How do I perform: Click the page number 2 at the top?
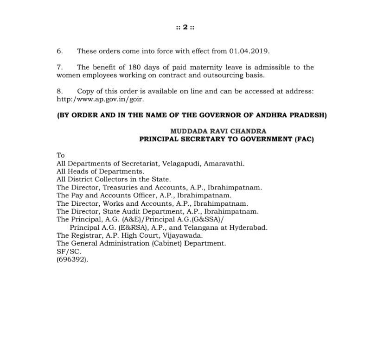(x=185, y=27)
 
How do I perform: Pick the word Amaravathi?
(x=227, y=163)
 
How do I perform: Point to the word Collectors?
(x=109, y=179)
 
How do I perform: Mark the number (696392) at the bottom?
(x=72, y=259)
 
